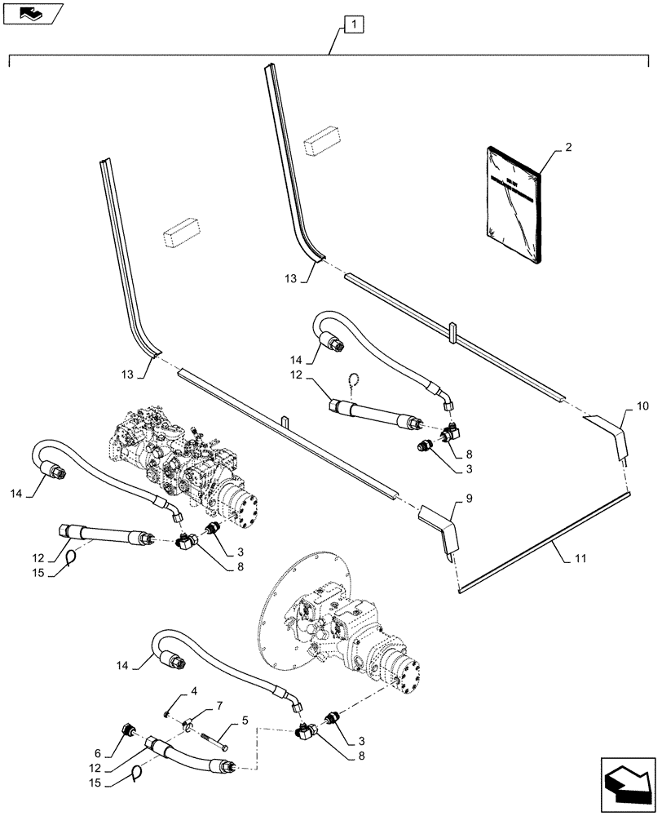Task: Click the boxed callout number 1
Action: click(354, 25)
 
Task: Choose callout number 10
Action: click(642, 406)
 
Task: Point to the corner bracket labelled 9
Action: click(441, 531)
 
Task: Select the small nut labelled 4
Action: click(165, 715)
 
